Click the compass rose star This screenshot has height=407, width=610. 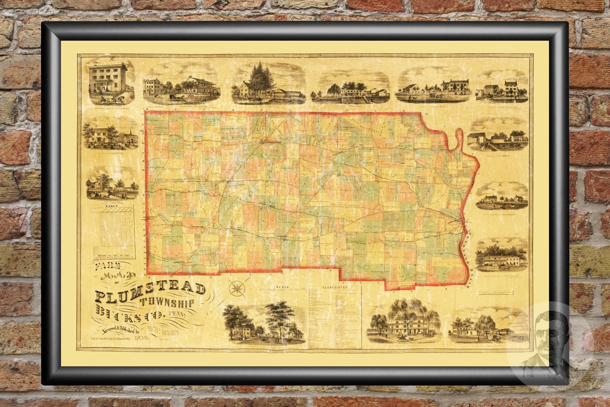(x=236, y=289)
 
